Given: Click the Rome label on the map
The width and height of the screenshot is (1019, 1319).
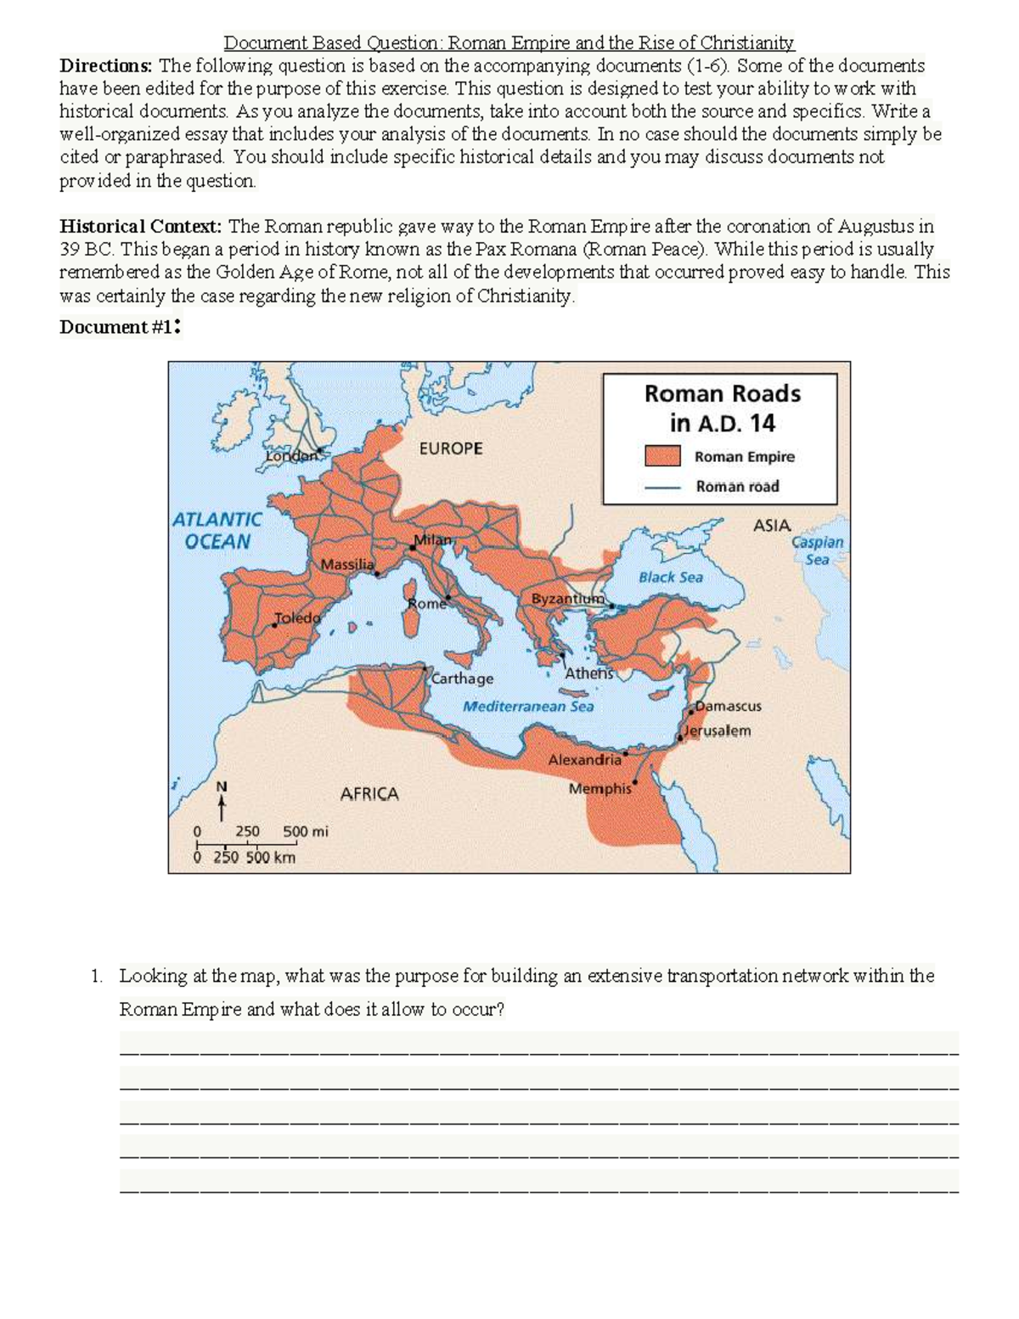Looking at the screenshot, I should [x=426, y=603].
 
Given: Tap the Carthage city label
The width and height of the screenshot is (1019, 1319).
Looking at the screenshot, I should [x=462, y=679].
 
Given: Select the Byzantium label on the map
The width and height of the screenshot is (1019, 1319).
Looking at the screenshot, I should [x=567, y=598].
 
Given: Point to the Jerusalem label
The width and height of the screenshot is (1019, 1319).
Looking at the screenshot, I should [x=718, y=730].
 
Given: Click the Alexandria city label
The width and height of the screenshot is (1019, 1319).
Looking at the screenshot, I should [x=584, y=759].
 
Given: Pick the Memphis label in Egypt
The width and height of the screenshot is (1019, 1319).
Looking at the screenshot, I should [x=600, y=788].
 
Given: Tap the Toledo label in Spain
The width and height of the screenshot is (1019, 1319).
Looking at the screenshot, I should [x=298, y=617].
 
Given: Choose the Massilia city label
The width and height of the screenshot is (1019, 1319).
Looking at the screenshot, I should [x=347, y=564].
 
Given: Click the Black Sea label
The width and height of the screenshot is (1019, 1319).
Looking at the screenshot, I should [x=671, y=577].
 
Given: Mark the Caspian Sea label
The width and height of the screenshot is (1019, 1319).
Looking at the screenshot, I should [x=817, y=550].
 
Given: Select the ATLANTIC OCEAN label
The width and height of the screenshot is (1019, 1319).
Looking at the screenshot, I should [x=217, y=530].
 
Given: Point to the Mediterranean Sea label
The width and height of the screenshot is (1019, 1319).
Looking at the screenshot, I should [x=528, y=706].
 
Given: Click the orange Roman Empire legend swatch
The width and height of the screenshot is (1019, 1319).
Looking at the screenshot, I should [x=662, y=456].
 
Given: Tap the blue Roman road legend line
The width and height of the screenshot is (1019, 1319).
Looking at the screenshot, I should [x=662, y=488].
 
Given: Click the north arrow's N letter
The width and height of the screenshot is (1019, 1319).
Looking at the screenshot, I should [x=222, y=786].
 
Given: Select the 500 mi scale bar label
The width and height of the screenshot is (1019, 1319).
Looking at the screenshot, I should [x=305, y=831].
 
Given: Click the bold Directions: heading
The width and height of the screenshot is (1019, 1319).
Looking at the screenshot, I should [x=105, y=65].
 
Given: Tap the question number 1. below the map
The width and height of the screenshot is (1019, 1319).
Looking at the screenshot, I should [x=98, y=976].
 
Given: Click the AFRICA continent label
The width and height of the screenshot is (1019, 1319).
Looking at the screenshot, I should [x=369, y=794].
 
